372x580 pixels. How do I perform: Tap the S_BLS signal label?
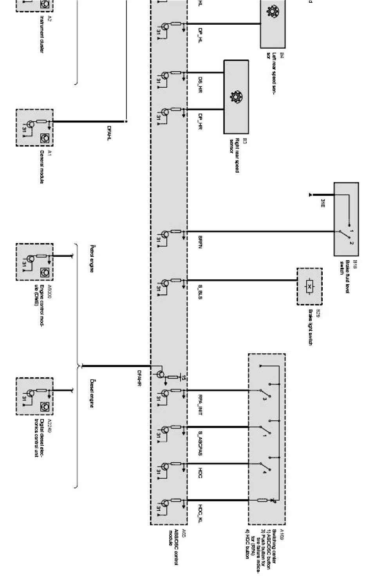200,292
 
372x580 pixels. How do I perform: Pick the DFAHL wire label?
109,133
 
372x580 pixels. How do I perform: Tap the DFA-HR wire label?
139,378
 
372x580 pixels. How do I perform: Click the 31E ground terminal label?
322,203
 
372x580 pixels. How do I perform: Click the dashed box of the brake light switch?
309,286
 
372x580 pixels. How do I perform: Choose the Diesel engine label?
92,393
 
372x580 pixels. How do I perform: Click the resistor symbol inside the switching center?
262,500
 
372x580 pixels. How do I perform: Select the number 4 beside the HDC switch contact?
265,472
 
